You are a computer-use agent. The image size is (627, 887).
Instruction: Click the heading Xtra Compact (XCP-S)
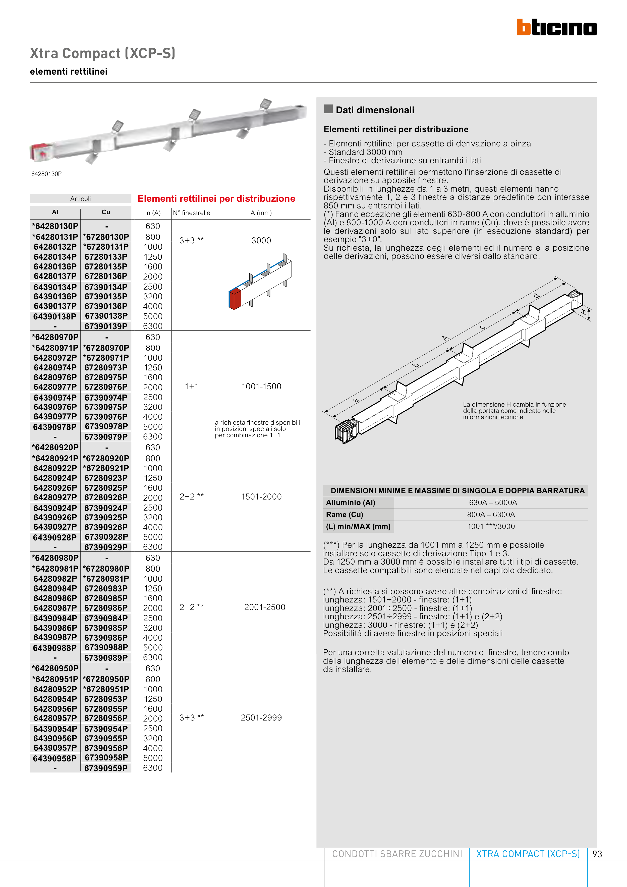pyautogui.click(x=102, y=53)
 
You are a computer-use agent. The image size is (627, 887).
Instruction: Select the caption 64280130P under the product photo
pyautogui.click(x=46, y=174)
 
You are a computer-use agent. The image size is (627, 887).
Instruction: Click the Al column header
pyautogui.click(x=55, y=212)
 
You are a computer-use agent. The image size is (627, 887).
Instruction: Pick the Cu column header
pyautogui.click(x=106, y=212)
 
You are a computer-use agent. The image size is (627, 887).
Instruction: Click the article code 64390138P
pyautogui.click(x=55, y=316)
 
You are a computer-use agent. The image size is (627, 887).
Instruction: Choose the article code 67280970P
pyautogui.click(x=106, y=348)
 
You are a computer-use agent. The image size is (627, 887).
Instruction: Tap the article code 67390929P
pyautogui.click(x=106, y=547)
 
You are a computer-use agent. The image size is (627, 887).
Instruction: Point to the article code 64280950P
pyautogui.click(x=55, y=668)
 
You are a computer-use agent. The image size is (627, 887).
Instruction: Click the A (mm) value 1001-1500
pyautogui.click(x=261, y=386)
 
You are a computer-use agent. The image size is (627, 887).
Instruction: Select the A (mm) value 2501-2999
pyautogui.click(x=261, y=717)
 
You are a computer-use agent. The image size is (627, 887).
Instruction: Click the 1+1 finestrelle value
pyautogui.click(x=192, y=386)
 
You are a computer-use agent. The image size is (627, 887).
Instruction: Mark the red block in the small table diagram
pyautogui.click(x=235, y=300)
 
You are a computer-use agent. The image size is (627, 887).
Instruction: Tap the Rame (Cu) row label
pyautogui.click(x=345, y=515)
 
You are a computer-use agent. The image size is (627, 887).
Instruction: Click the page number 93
pyautogui.click(x=597, y=854)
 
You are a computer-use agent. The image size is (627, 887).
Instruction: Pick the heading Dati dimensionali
pyautogui.click(x=375, y=110)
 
